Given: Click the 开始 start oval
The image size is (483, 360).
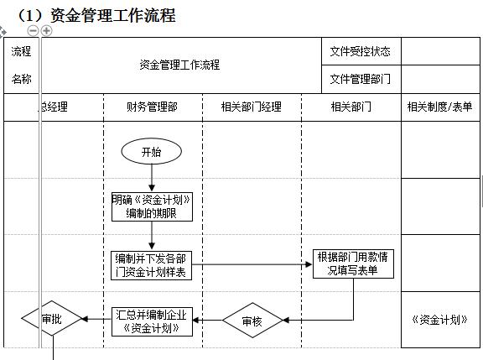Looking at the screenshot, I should pos(152,152).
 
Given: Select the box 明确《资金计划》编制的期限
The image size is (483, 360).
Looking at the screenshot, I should pos(153,206).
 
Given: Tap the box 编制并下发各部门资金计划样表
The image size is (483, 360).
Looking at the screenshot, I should pos(152,264).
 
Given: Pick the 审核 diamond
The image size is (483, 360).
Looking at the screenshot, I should pos(252,321).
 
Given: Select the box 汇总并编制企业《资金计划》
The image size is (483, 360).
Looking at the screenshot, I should pos(152,321).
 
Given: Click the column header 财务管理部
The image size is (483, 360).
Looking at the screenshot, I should pos(152,107).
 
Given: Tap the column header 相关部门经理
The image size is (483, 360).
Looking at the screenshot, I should pos(251,107).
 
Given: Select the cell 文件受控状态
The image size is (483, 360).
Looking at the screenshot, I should pos(360,51).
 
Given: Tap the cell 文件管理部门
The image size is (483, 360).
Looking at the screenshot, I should pos(360,79).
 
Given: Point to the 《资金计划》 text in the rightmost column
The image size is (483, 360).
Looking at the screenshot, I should pos(439,319).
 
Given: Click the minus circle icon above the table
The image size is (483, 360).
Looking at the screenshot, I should pos(33,30).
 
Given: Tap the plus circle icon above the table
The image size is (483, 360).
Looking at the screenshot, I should pos(46,30).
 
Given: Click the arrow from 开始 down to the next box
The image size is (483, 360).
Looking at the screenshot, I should pos(152,178).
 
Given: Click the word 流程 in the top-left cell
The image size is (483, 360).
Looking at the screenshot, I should pos(21,51).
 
